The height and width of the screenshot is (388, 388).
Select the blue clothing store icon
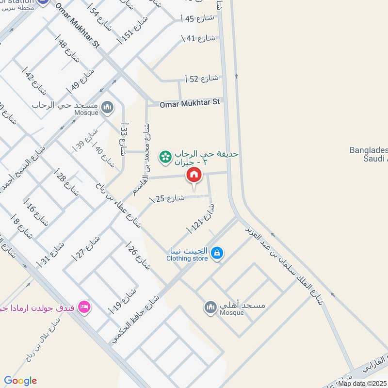pos(217,253)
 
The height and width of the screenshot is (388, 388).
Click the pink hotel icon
pos(84,307)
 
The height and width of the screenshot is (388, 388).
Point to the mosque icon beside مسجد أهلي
pos(210,308)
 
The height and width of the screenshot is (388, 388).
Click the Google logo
pos(20,381)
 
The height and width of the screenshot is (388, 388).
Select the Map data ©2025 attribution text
pos(362,383)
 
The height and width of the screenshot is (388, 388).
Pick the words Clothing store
pos(187,259)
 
